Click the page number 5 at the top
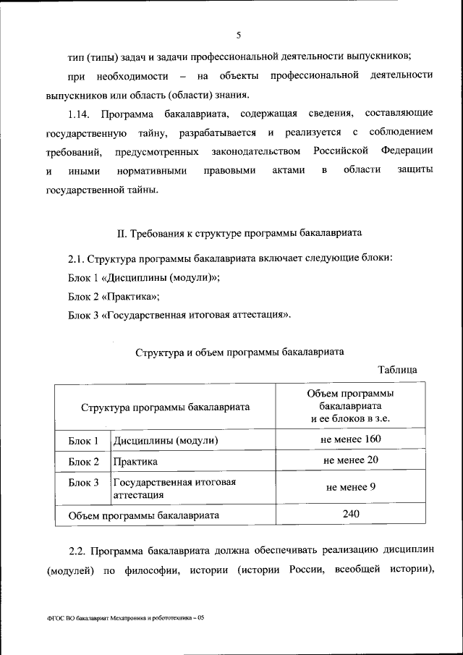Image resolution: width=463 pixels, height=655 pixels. point(237,33)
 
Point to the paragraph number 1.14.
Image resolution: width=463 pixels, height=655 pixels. point(80,114)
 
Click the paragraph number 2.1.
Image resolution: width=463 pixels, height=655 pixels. point(77,259)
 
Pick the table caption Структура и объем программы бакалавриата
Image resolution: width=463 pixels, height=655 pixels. point(239,352)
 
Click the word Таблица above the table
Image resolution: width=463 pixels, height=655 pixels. point(397,370)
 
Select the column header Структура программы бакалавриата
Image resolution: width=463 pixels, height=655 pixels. point(165,407)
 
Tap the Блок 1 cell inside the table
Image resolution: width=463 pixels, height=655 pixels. point(83,441)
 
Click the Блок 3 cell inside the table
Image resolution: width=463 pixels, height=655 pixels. point(83,482)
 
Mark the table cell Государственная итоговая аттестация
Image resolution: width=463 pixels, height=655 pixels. point(174,489)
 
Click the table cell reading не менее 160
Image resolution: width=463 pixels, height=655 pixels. point(351,440)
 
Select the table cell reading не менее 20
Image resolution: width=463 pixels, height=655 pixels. point(351,460)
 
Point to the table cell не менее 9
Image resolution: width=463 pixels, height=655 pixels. point(351,487)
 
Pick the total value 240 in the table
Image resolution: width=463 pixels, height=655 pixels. point(352,514)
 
